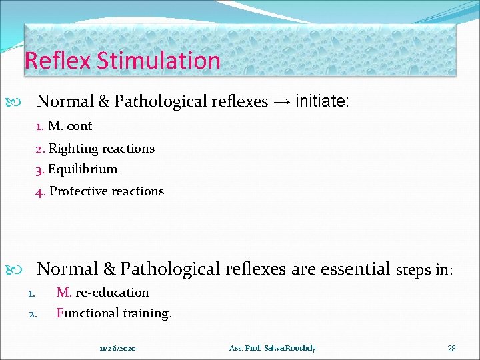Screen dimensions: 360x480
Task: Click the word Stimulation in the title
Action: [x=158, y=61]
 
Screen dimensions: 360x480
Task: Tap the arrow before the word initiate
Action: [x=281, y=101]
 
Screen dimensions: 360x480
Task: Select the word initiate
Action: [x=320, y=101]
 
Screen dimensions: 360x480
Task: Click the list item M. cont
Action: [x=69, y=126]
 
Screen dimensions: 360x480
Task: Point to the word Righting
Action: [x=73, y=149]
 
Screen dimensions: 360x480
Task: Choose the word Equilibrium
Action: [x=83, y=169]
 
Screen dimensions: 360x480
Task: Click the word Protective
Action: [x=77, y=191]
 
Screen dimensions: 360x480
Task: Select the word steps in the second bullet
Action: [x=413, y=270]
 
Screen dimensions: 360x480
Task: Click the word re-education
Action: [x=112, y=293]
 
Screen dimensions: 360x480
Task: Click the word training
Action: [x=147, y=313]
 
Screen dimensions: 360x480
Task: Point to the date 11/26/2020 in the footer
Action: [x=118, y=348]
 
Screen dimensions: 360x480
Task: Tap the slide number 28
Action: [x=451, y=348]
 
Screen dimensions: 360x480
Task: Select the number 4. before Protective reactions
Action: [x=41, y=192]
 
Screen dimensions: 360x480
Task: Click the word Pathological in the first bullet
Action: [x=157, y=101]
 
